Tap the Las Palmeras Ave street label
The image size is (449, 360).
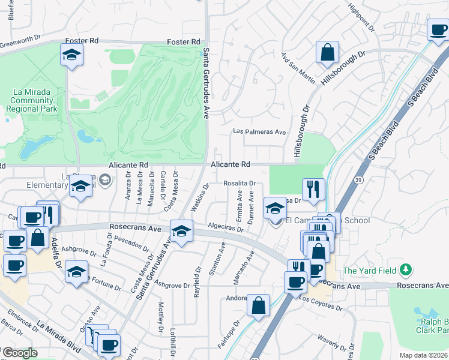coord(259,132)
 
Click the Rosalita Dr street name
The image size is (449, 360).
coord(240,183)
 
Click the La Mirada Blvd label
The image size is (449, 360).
coord(58,336)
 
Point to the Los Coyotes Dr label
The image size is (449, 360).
coord(320,303)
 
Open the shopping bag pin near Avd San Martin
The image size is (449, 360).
coord(328,52)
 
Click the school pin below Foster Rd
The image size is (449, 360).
coord(71,55)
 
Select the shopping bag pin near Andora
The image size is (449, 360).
coord(258,305)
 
